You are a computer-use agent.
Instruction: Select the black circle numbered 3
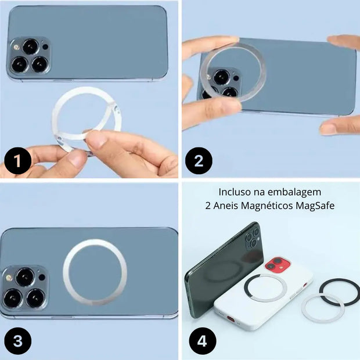tap(18, 341)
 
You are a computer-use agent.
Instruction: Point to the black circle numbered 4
tap(202, 341)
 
